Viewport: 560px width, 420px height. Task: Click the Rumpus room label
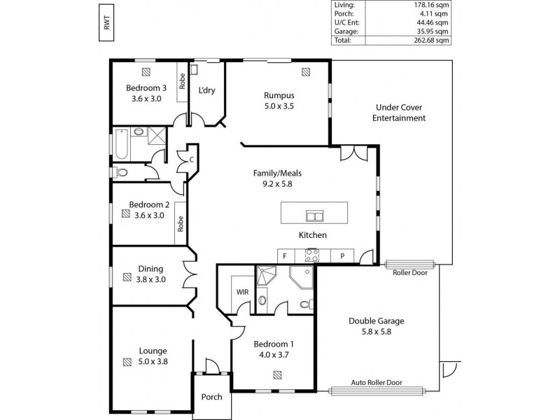[279, 95]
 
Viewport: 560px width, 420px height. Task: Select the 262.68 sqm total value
[432, 41]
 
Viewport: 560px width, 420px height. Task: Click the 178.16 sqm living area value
[432, 4]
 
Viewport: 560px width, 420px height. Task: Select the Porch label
[211, 397]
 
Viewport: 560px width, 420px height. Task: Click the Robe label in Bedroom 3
[181, 83]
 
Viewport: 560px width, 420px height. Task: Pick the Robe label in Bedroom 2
[180, 223]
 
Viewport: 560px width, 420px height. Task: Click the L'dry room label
[206, 90]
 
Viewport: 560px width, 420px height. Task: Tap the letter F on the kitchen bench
[285, 256]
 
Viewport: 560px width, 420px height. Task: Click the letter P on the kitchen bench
[342, 256]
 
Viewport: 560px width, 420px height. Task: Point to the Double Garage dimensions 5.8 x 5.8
[377, 332]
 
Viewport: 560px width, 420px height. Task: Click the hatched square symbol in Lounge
[127, 362]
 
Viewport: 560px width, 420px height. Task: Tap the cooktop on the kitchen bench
[312, 256]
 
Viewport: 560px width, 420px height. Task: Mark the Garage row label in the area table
[346, 31]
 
